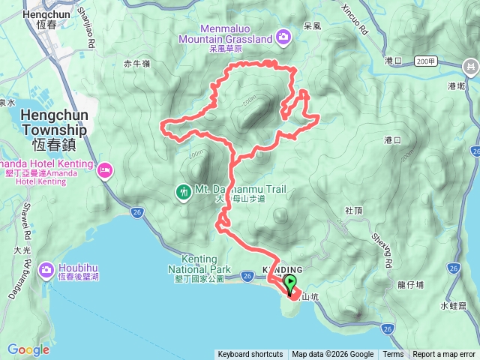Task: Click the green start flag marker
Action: (290, 283)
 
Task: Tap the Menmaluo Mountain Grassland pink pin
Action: (283, 35)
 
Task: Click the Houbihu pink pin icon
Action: (46, 268)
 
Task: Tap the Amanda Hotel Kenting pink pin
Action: (104, 170)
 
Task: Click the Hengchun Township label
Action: (54, 121)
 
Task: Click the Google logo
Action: (28, 349)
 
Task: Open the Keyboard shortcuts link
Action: (250, 355)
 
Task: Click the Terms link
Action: (393, 355)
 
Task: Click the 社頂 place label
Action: (354, 211)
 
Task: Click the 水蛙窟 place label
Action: (454, 306)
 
